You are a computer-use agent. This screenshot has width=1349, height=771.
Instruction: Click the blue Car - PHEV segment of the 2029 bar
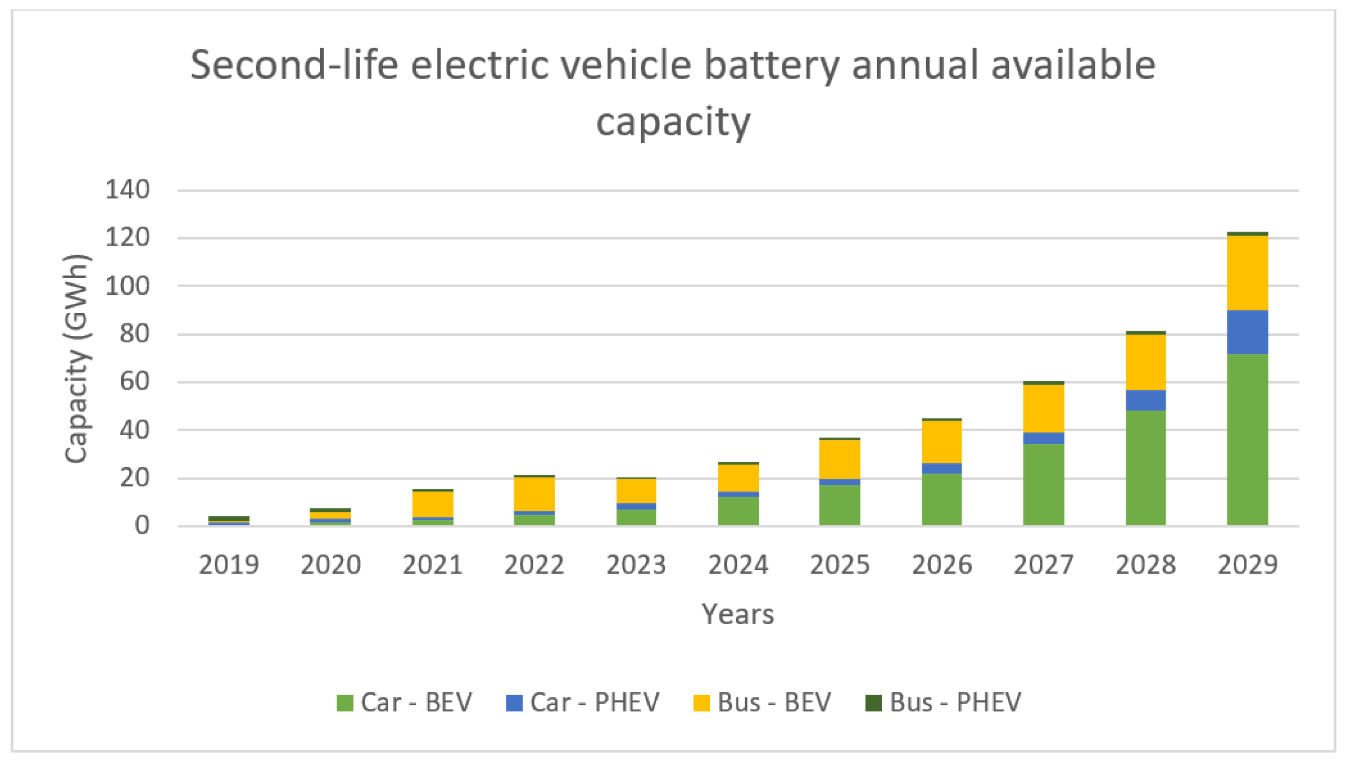[1247, 332]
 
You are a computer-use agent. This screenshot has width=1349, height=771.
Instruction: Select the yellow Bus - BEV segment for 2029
[1247, 273]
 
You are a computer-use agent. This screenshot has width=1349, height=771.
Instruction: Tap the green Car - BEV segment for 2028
[1145, 468]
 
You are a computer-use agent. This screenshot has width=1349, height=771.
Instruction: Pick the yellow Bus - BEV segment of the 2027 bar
[1043, 409]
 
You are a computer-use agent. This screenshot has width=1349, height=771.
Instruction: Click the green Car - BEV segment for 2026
[941, 499]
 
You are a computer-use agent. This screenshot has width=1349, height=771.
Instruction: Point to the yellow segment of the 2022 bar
[534, 494]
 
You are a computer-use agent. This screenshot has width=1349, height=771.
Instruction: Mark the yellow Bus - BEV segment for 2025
[840, 459]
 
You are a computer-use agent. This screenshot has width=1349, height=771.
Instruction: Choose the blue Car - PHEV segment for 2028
[1145, 401]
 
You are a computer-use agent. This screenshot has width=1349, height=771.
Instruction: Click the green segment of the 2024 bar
[738, 511]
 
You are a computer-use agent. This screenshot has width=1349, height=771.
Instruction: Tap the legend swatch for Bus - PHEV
[874, 703]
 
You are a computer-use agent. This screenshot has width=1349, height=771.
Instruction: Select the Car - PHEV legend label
[595, 703]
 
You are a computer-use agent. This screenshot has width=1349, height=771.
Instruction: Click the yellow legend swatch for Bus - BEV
[701, 703]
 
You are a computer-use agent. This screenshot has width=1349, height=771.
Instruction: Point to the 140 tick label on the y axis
[128, 189]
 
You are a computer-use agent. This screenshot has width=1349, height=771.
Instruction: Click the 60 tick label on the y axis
[135, 381]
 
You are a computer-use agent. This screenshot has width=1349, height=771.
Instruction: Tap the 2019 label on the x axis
[228, 565]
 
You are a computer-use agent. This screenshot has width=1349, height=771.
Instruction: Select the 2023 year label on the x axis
[636, 565]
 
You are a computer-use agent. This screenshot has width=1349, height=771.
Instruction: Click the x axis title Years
[738, 614]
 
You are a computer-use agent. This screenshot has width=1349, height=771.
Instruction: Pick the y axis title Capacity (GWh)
[77, 359]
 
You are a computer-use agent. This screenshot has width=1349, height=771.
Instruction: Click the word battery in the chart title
[772, 66]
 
